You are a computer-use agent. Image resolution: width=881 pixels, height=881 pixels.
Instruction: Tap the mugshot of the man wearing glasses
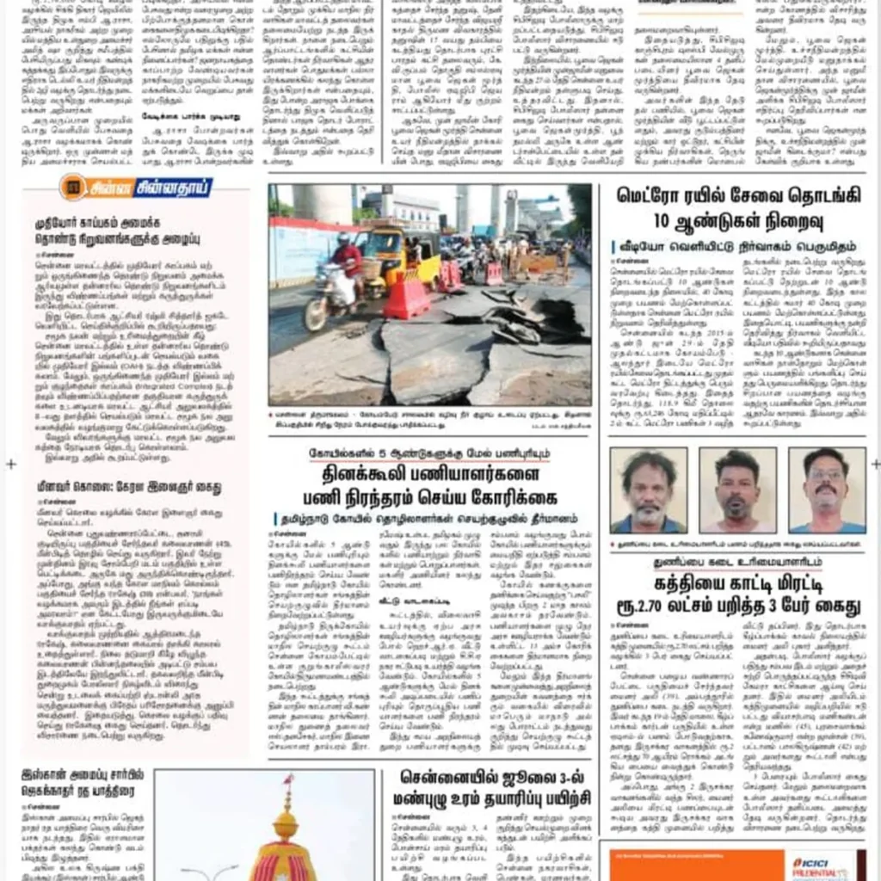point(827,490)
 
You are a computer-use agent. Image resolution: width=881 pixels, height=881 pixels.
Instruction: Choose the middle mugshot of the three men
point(736,490)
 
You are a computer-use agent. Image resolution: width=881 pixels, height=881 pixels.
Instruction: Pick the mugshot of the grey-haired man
point(648,490)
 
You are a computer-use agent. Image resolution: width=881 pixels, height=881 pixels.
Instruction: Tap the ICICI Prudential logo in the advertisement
point(823,864)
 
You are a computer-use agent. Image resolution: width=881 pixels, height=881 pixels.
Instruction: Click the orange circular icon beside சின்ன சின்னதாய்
point(72,186)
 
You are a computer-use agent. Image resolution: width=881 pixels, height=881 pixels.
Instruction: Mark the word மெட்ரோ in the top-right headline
point(656,195)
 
